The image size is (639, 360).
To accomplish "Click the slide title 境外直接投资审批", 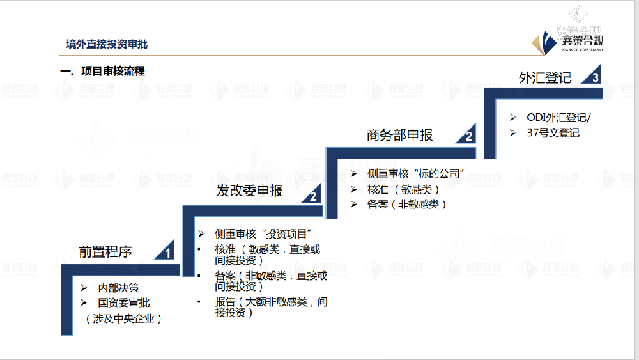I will coord(107,44).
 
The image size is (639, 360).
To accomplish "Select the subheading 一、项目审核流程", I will coord(102,72).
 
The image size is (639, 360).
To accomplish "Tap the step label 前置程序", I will coord(105,252).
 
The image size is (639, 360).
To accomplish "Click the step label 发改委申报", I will coord(249,191).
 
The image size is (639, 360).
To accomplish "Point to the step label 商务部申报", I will coord(399,135).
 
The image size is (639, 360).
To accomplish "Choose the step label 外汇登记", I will coord(545,77).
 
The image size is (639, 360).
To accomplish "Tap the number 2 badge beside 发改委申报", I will coord(313,196).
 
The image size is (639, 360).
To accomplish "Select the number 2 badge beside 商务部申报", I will coord(468,136).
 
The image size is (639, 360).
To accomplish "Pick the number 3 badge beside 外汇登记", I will coord(595,78).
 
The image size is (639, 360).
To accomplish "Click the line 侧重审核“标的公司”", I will coord(415,173).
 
